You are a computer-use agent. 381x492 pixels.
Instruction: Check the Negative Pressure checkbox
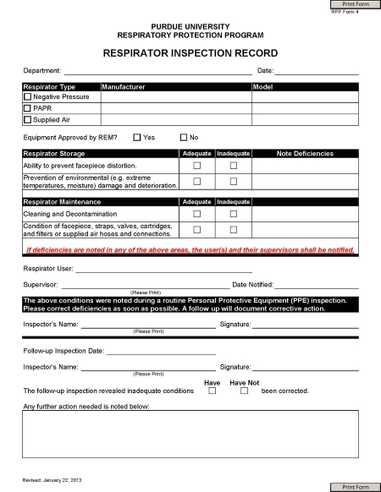coord(27,97)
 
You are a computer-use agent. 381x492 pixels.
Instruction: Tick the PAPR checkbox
coord(27,108)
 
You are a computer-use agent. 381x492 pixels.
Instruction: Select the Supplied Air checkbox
coord(27,119)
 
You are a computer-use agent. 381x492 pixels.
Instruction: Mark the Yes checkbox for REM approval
coord(137,137)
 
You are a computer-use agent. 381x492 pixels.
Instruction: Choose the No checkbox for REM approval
coord(184,137)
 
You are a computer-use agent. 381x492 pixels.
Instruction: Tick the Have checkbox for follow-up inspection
coord(213,391)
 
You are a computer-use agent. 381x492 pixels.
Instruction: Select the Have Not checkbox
coord(245,391)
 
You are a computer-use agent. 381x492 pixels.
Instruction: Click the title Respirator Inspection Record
coord(190,52)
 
